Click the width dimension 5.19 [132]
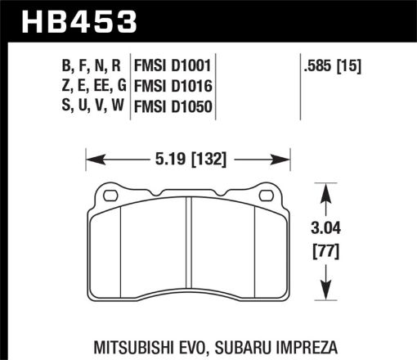coord(190,153)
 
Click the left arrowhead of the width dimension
coord(91,153)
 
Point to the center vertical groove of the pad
coord(189,254)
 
